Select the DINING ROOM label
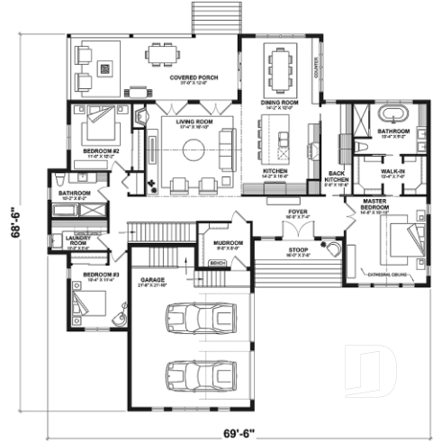(x=279, y=103)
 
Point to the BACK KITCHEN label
(x=337, y=175)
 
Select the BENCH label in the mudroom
(x=216, y=263)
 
